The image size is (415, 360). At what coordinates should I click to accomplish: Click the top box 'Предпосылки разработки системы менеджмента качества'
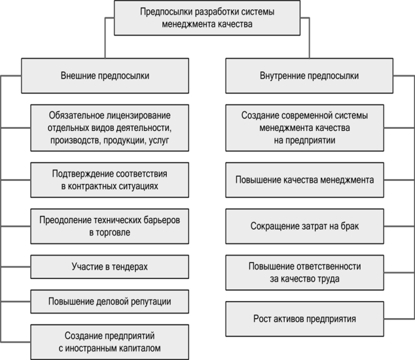207,18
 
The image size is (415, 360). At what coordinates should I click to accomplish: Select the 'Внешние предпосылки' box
105,76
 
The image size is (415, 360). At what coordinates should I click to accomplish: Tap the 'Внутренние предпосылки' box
309,76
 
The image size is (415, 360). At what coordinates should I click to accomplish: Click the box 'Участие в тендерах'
109,267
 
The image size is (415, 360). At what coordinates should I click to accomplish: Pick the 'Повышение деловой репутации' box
109,302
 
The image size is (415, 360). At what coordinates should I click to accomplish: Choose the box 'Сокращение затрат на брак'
304,226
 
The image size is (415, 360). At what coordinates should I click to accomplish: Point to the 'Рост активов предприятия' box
304,319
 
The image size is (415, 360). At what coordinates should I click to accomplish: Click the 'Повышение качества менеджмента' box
304,180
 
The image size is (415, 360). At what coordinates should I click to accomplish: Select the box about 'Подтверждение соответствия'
109,180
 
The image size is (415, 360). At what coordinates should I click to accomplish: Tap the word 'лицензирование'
138,116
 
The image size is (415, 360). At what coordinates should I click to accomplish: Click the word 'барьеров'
162,220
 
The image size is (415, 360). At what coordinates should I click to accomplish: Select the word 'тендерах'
130,267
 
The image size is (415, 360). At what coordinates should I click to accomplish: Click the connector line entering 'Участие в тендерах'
15,267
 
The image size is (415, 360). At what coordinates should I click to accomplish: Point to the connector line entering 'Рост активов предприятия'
399,319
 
